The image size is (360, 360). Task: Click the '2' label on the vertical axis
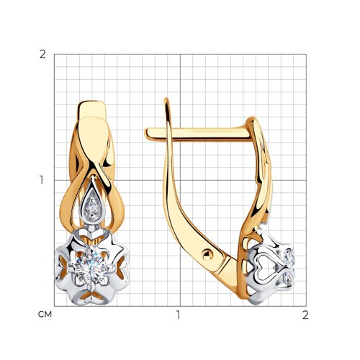coord(42,55)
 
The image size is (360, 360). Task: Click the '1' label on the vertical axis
coord(42,180)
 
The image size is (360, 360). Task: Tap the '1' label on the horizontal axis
coord(178,315)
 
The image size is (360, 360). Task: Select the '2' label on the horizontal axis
coord(305,315)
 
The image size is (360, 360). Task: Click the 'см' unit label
coord(45,315)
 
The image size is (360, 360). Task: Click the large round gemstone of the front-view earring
coord(91,265)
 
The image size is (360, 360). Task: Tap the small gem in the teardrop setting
coord(93,207)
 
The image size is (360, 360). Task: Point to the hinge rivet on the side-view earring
coord(207,255)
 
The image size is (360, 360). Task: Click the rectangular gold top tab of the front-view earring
coord(92,109)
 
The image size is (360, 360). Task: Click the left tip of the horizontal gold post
coord(145,133)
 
